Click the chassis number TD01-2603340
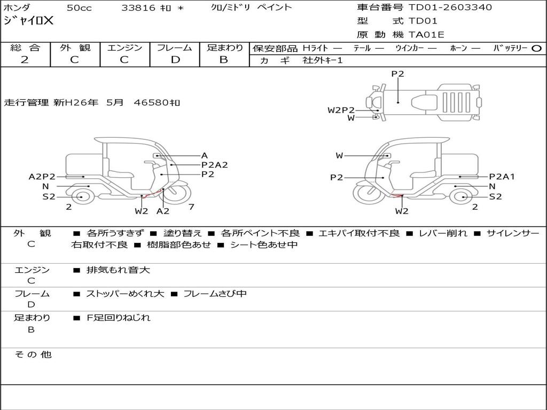click(x=450, y=7)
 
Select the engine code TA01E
click(x=426, y=35)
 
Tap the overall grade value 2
click(x=25, y=60)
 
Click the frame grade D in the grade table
click(x=175, y=60)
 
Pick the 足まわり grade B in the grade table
click(x=224, y=60)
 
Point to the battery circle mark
click(x=536, y=49)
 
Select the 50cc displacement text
click(x=79, y=7)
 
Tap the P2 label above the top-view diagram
click(x=397, y=74)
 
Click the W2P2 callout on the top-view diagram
click(x=341, y=110)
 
